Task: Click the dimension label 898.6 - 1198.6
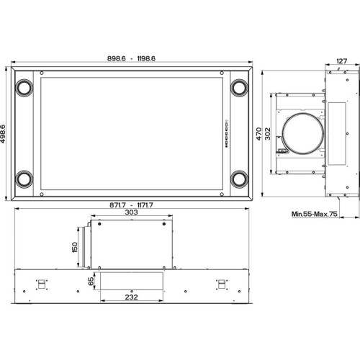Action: coord(131,58)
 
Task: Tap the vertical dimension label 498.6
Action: coord(3,134)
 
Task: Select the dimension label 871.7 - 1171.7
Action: coord(131,205)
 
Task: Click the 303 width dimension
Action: coord(132,212)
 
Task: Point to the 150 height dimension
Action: coord(75,247)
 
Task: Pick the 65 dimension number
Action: coord(91,282)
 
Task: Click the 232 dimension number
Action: coord(132,297)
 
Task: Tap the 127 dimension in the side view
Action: coord(342,61)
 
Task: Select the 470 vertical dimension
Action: coord(258,134)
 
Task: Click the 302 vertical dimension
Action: coord(268,134)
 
